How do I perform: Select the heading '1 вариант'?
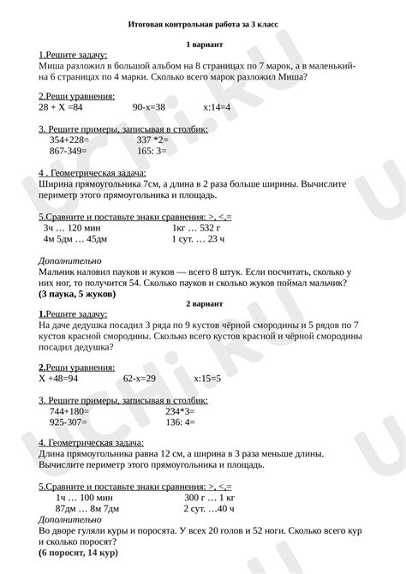pos(203,43)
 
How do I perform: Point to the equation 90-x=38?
pos(149,108)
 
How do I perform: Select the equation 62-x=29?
pos(139,378)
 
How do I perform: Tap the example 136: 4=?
pos(180,422)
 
